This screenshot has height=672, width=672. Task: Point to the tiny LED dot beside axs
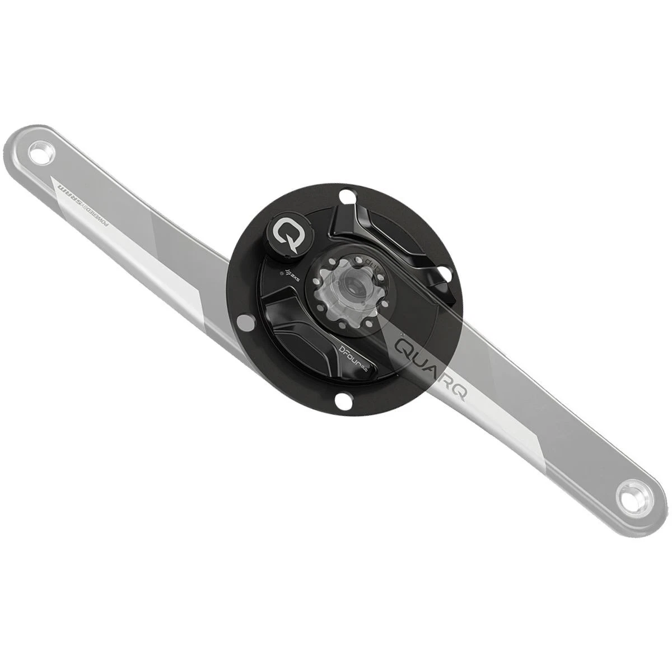point(281,274)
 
